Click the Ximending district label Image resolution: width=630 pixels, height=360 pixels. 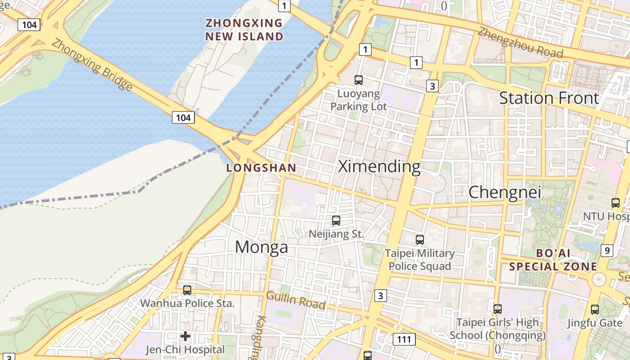point(379,166)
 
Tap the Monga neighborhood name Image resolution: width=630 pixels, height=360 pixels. point(261,247)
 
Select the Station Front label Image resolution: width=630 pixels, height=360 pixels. point(549,98)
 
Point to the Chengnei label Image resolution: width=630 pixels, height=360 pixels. point(504,192)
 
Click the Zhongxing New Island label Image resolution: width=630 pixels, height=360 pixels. point(244,30)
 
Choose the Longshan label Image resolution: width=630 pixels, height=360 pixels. point(261,168)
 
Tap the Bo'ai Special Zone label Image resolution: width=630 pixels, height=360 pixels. point(553,260)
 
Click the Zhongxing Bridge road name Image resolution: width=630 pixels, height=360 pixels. point(92,64)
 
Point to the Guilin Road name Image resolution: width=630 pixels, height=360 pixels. point(296,300)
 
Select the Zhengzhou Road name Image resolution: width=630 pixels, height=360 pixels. point(520,43)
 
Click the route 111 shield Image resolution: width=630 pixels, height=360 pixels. point(404,339)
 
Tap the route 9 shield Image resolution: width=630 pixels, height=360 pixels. point(607,250)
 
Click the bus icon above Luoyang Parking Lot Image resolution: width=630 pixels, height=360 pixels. point(359,80)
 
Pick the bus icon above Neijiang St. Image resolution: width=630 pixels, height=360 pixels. point(336,220)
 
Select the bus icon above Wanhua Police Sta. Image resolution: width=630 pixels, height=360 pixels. point(187,290)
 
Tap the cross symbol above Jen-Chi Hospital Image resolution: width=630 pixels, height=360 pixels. point(185,336)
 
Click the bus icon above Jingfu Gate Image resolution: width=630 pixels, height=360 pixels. point(595,309)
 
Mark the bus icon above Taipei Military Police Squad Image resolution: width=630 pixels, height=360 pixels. point(420,240)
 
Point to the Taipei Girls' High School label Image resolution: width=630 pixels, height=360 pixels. point(497,329)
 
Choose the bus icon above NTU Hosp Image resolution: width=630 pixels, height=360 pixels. point(616,203)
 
